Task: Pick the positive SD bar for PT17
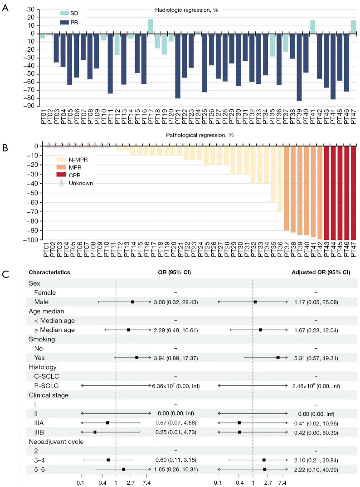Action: click(x=151, y=26)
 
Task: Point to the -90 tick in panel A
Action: click(x=31, y=106)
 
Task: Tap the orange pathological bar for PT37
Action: click(x=286, y=188)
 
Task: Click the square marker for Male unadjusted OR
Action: click(x=132, y=302)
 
